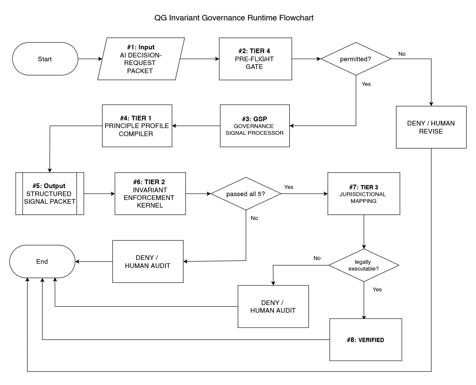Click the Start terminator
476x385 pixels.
click(45, 59)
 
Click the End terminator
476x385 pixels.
click(42, 262)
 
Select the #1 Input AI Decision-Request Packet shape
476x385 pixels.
click(141, 59)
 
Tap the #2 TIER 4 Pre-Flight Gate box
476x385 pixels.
click(255, 59)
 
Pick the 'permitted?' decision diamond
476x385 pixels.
click(355, 59)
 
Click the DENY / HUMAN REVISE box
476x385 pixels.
click(431, 127)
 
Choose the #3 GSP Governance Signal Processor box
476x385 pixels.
click(254, 126)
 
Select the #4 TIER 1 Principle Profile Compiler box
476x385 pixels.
click(137, 125)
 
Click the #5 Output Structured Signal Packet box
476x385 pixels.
click(50, 194)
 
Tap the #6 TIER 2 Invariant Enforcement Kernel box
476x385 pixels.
click(150, 194)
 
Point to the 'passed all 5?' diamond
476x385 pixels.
click(246, 194)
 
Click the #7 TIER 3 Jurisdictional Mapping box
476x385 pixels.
click(363, 194)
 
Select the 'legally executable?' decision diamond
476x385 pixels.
click(364, 265)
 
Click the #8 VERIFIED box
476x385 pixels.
click(365, 340)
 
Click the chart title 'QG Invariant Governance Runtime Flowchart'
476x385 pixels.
click(234, 18)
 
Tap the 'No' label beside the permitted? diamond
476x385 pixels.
click(402, 54)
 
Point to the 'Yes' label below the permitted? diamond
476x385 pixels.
click(366, 84)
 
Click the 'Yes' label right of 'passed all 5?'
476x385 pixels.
click(288, 187)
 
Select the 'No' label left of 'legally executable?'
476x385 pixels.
click(317, 258)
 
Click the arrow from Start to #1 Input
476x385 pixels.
click(90, 59)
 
